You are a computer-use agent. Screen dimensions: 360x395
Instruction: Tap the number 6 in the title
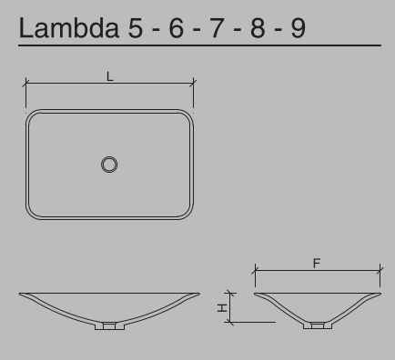(x=176, y=28)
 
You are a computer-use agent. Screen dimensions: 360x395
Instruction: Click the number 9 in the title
(x=299, y=28)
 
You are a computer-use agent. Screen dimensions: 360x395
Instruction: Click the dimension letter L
(x=110, y=77)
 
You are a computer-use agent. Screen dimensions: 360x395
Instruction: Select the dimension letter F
(x=317, y=264)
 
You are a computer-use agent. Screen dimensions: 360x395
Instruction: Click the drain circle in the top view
(x=110, y=165)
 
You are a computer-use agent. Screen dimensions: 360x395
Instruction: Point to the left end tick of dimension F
(x=255, y=270)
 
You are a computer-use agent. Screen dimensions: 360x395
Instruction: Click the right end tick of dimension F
(x=380, y=270)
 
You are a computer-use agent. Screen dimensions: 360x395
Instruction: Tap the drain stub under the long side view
(x=110, y=325)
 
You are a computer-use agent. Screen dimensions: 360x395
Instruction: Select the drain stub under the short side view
(x=317, y=325)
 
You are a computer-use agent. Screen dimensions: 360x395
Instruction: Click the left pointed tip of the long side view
(x=21, y=294)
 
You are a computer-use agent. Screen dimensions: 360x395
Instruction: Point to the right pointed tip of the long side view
(x=198, y=294)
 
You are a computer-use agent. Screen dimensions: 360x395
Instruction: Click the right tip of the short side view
(x=380, y=294)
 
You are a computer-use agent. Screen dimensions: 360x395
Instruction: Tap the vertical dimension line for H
(x=232, y=307)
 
